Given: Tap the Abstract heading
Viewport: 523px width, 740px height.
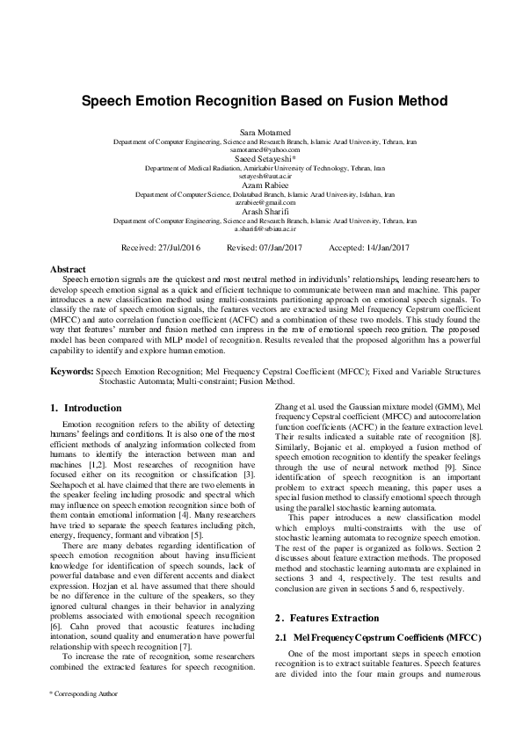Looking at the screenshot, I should pos(68,269).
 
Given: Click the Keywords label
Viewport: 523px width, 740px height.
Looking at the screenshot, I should pos(71,373).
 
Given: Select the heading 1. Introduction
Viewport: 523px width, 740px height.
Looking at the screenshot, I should pos(86,409).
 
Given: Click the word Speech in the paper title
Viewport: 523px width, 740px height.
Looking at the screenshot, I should pos(105,101).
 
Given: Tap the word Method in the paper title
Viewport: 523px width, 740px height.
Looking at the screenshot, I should pos(415,101).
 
